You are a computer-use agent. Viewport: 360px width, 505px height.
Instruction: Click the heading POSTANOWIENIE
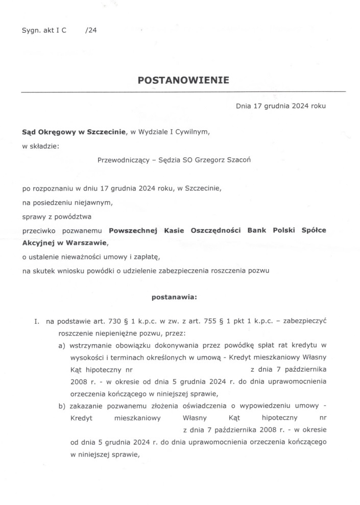[183, 80]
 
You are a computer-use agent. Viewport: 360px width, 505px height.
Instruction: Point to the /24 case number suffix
[91, 30]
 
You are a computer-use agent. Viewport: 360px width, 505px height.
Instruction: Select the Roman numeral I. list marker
[36, 322]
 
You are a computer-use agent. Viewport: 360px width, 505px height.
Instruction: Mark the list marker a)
[61, 346]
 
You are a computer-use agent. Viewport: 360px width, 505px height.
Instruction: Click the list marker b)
[61, 406]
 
